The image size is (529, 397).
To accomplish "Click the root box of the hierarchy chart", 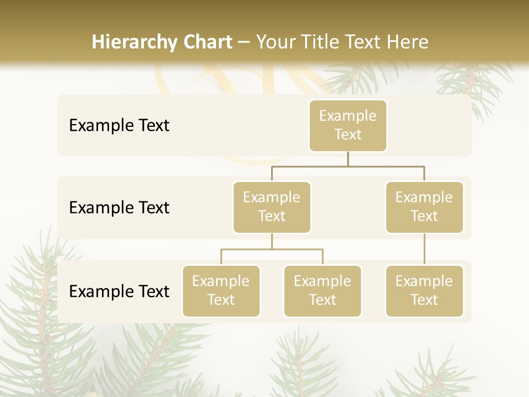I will coord(348,125).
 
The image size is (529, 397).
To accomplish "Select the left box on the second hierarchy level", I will coord(272,207).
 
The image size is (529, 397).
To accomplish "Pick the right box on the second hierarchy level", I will coord(424,207).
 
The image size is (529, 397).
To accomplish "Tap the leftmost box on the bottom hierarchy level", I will coord(221,291).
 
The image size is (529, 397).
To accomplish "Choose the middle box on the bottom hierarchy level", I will coord(322,291).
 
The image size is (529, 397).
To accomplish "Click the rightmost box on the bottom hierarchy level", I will coord(424,291).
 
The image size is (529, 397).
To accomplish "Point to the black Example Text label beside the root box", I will coord(119,126).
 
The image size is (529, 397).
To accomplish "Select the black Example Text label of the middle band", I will coord(119,208).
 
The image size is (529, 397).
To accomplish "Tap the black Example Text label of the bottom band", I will coord(119,291).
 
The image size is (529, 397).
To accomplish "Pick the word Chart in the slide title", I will coord(207,42).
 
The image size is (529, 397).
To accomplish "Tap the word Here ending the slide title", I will coord(408,42).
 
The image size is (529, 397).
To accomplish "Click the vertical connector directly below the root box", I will coord(348,159).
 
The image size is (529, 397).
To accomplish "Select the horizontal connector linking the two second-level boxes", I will coord(348,166).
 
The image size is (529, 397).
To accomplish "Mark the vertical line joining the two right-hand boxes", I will coord(424,249).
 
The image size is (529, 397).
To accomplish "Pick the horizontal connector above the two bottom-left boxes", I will coord(272,249).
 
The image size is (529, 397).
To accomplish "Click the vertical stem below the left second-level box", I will coord(272,241).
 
